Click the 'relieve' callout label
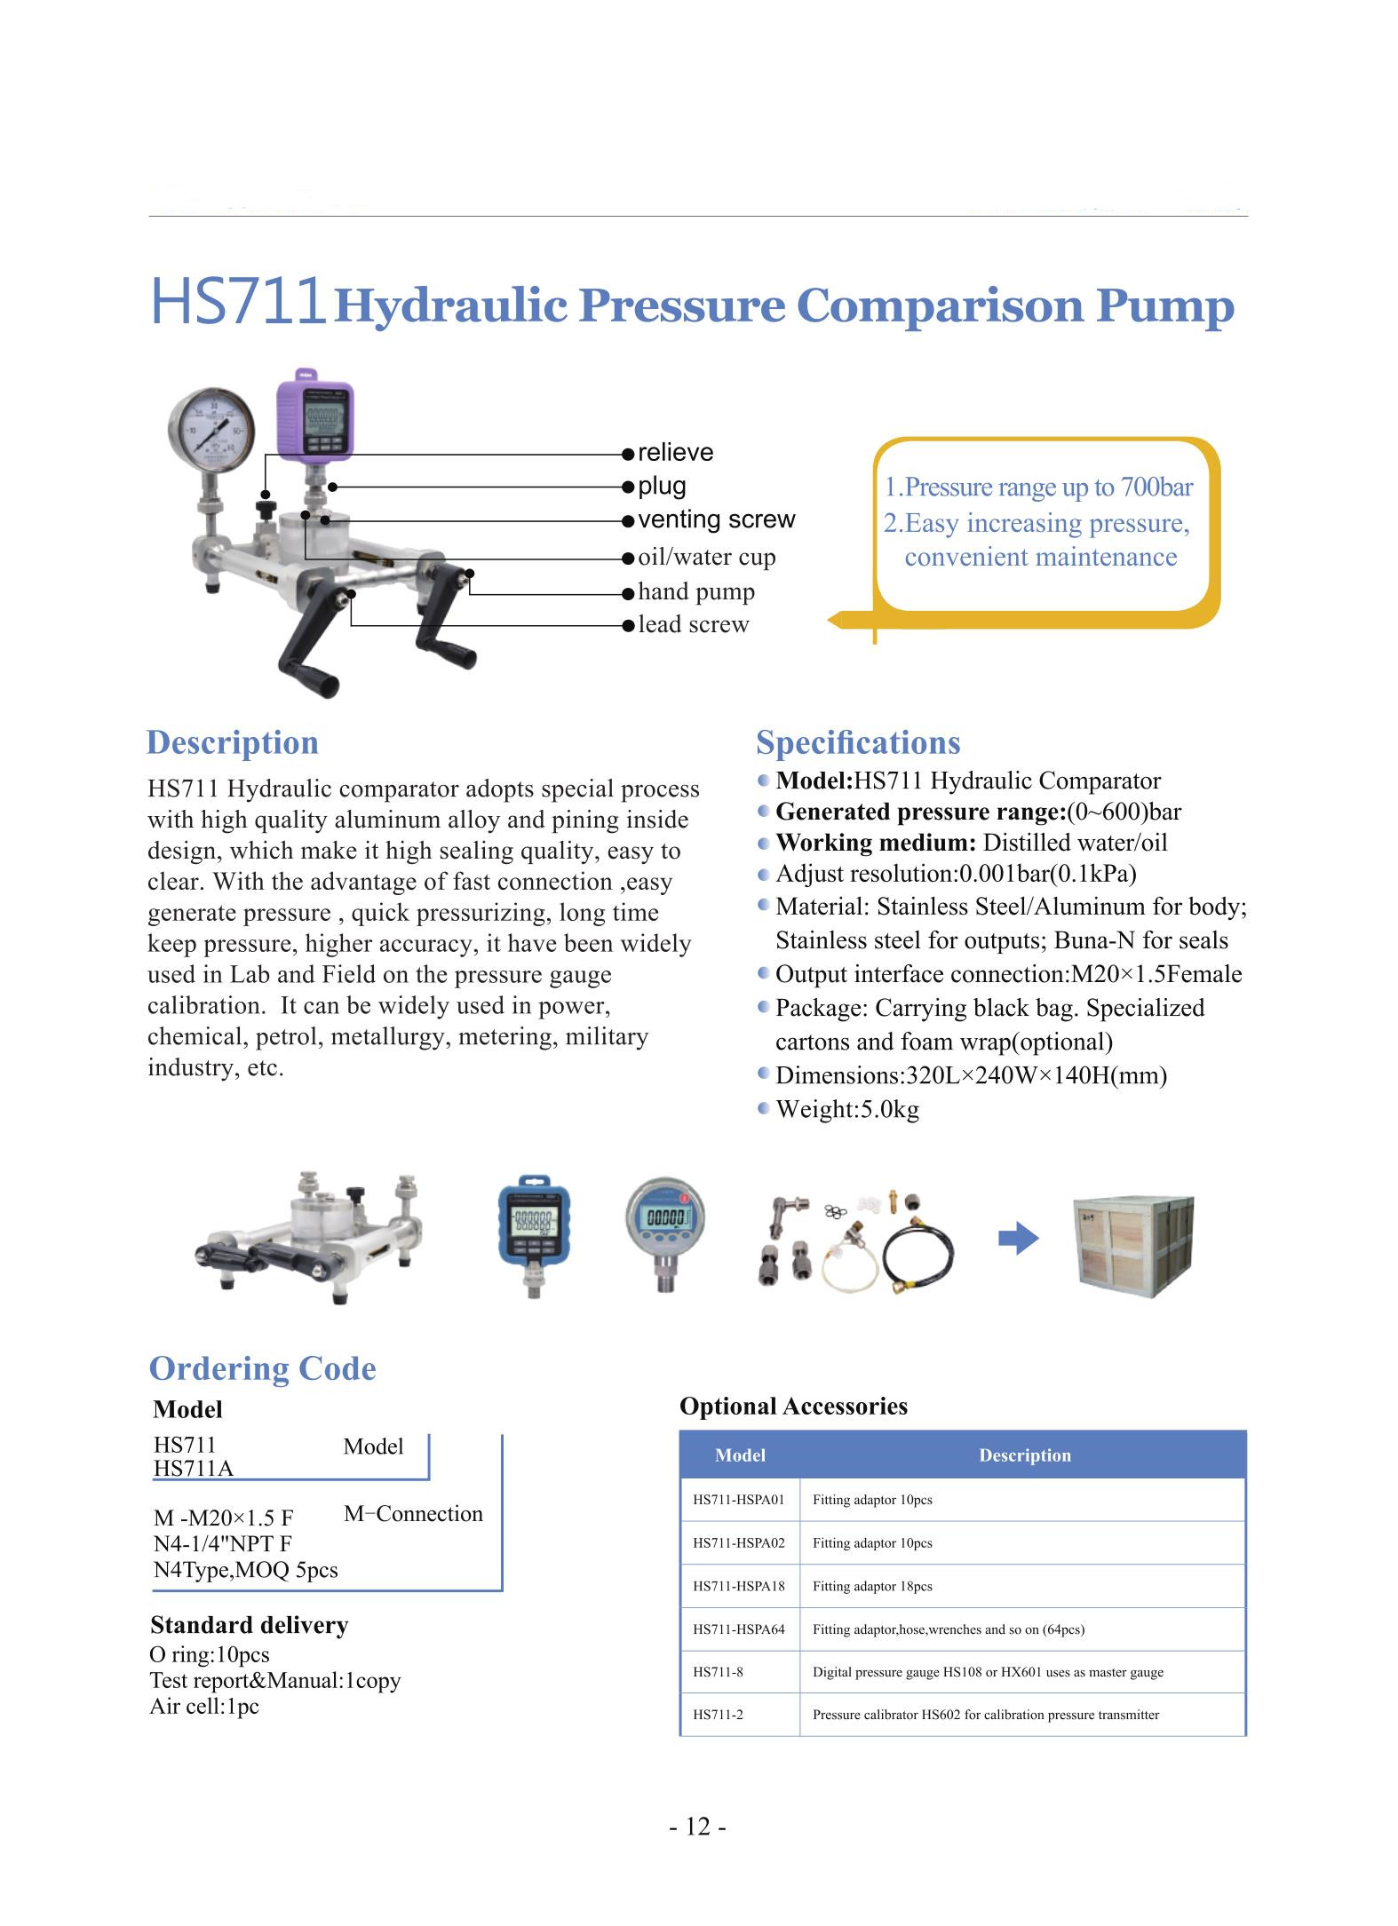(x=675, y=453)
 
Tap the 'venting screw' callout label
(x=716, y=519)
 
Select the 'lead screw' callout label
(x=693, y=624)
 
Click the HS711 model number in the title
(x=235, y=301)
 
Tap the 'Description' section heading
(x=232, y=742)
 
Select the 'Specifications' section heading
(x=858, y=742)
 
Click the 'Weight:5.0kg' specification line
(x=846, y=1109)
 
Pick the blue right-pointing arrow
(x=1018, y=1239)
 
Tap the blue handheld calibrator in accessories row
(x=533, y=1230)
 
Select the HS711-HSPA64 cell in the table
(x=739, y=1629)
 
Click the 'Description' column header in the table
(x=1024, y=1455)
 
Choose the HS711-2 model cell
(x=718, y=1715)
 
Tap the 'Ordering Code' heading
(x=262, y=1368)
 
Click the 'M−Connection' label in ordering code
(x=413, y=1514)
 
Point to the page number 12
(x=698, y=1827)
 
